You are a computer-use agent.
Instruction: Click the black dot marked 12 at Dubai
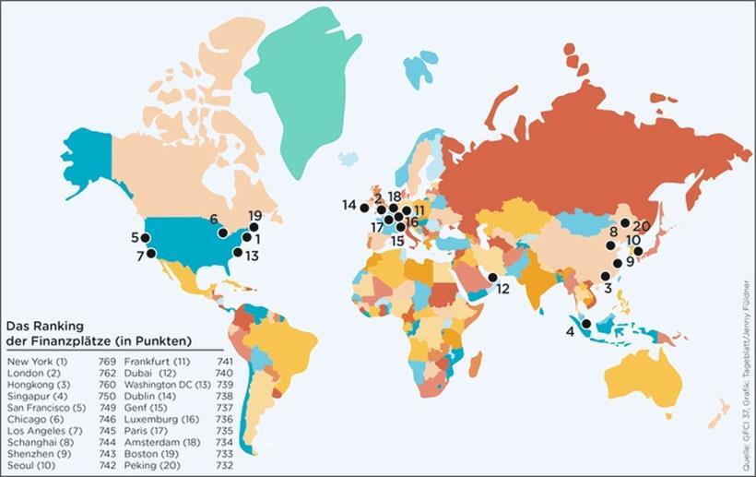coord(492,278)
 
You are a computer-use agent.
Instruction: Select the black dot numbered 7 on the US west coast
coord(152,254)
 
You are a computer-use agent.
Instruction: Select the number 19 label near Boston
coord(255,215)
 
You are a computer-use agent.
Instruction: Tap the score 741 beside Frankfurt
coord(224,360)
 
